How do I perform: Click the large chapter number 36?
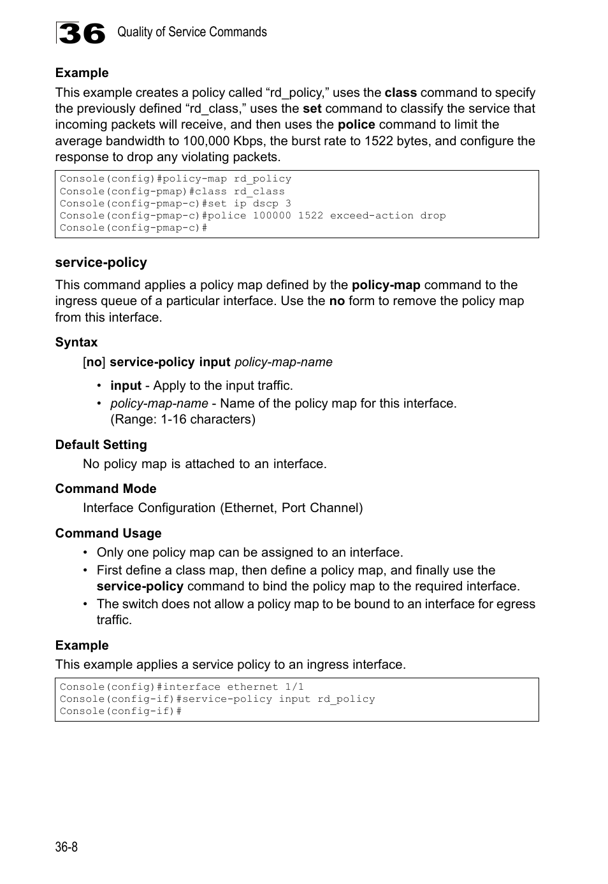point(81,33)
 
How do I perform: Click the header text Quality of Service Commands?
point(192,32)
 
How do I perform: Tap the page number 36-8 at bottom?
point(66,846)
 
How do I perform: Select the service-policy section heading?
point(101,262)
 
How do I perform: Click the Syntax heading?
point(76,342)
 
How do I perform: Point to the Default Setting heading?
point(101,445)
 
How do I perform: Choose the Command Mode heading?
point(105,488)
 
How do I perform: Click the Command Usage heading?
point(108,533)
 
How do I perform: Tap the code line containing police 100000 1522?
point(252,215)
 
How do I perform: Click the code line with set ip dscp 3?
point(175,203)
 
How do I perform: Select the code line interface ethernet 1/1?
point(182,687)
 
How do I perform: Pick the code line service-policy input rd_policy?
point(217,699)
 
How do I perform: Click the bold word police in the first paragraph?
point(356,125)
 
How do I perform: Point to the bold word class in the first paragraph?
point(400,92)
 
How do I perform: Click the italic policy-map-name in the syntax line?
point(283,362)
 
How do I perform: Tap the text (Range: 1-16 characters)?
point(182,419)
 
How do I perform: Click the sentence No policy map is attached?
point(204,464)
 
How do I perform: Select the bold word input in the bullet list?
point(126,385)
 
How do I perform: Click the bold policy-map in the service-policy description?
point(386,285)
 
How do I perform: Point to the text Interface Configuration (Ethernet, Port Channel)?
point(222,508)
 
